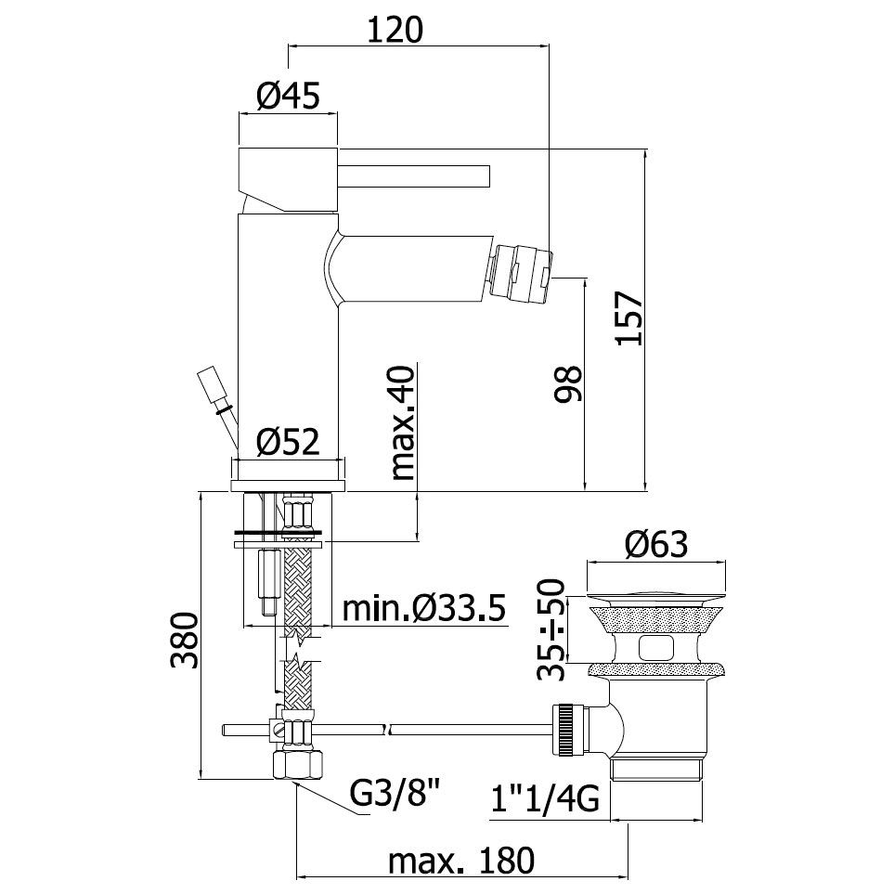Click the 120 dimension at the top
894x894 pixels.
pos(395,31)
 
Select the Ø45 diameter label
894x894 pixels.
pos(288,96)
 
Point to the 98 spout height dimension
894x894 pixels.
pos(568,383)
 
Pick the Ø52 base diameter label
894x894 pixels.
pos(288,442)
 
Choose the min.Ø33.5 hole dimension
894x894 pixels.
pos(424,608)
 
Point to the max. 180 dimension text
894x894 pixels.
pos(461,860)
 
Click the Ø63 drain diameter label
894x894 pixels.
pos(656,545)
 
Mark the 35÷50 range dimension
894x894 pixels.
pos(551,629)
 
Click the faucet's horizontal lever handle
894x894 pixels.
pos(414,176)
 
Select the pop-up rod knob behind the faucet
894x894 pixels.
pos(212,387)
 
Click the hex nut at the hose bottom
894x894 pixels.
pos(298,764)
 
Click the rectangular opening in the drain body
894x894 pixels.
pos(657,648)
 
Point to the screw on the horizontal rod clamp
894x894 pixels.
pos(278,728)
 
